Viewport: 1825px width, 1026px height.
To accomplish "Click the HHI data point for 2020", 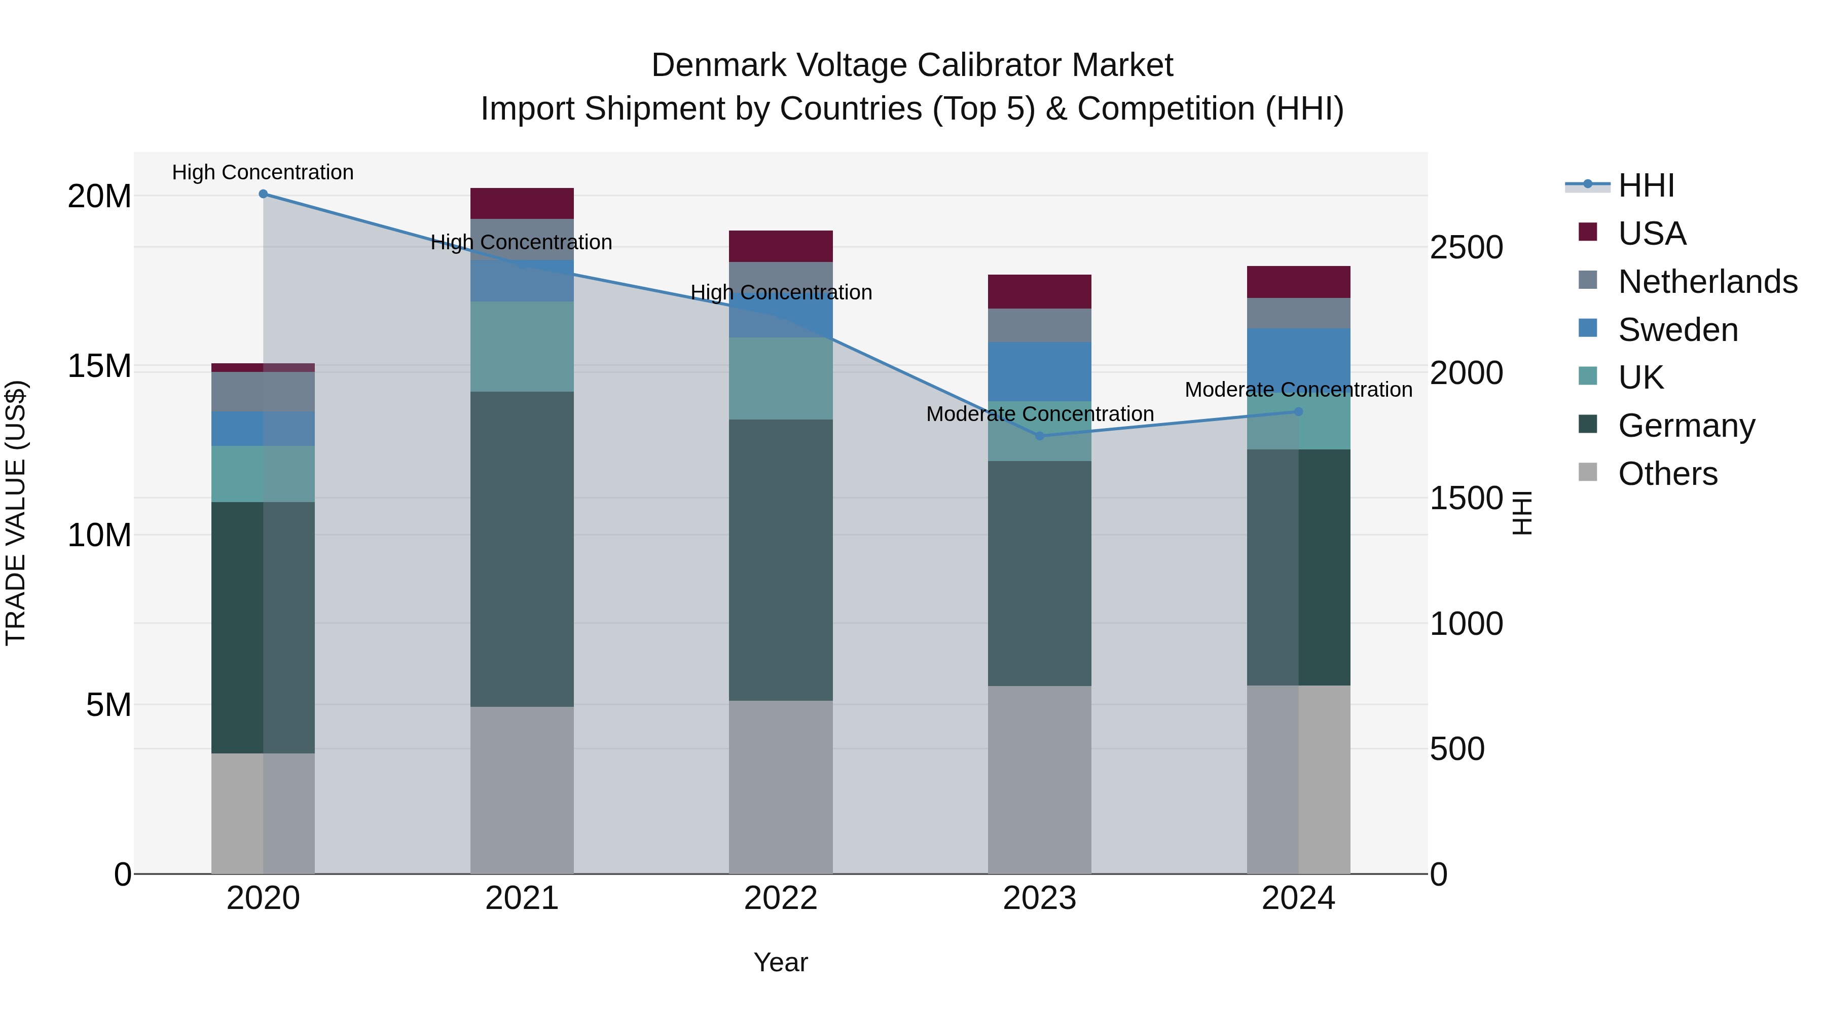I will pyautogui.click(x=263, y=194).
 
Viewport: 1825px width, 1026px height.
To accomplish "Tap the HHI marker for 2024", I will pyautogui.click(x=1298, y=411).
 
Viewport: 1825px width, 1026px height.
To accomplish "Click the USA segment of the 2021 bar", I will pyautogui.click(x=522, y=203).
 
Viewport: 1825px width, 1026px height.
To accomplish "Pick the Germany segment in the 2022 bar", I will pyautogui.click(x=780, y=559).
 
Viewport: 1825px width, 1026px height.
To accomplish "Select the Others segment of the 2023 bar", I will pyautogui.click(x=1039, y=779).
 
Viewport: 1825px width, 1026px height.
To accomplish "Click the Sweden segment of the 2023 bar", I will pyautogui.click(x=1039, y=372).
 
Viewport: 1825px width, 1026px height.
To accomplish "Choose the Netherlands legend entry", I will pyautogui.click(x=1707, y=282).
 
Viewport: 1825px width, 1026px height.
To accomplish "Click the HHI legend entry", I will pyautogui.click(x=1646, y=185).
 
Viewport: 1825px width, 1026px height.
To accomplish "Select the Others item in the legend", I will pyautogui.click(x=1668, y=474).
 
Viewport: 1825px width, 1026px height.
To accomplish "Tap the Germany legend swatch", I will pyautogui.click(x=1588, y=425).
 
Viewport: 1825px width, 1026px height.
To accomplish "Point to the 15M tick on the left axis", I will pyautogui.click(x=99, y=366).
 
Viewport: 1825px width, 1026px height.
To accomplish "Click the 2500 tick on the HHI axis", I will pyautogui.click(x=1466, y=248).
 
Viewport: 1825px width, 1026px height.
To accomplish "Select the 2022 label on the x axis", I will pyautogui.click(x=780, y=898).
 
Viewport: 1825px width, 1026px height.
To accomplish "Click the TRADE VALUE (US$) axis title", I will pyautogui.click(x=16, y=513).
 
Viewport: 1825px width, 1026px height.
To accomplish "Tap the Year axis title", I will pyautogui.click(x=780, y=962).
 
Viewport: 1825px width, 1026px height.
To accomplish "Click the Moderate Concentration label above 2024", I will pyautogui.click(x=1298, y=390).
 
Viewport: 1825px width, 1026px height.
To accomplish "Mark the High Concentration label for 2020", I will pyautogui.click(x=263, y=172).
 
